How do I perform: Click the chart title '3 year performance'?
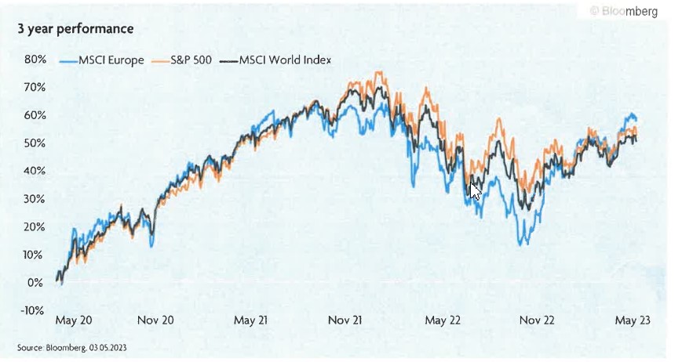(75, 29)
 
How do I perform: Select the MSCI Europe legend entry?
(102, 60)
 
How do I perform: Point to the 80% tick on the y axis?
(35, 60)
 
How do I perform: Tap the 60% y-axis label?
(35, 115)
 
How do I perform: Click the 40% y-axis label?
(35, 171)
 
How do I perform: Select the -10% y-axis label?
(33, 310)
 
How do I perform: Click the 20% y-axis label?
(35, 226)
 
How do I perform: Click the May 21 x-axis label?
(252, 320)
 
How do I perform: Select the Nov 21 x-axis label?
(346, 320)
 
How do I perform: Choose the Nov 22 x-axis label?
(536, 320)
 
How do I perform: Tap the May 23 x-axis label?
(631, 320)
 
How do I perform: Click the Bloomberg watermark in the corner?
(623, 12)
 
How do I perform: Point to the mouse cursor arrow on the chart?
(474, 190)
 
